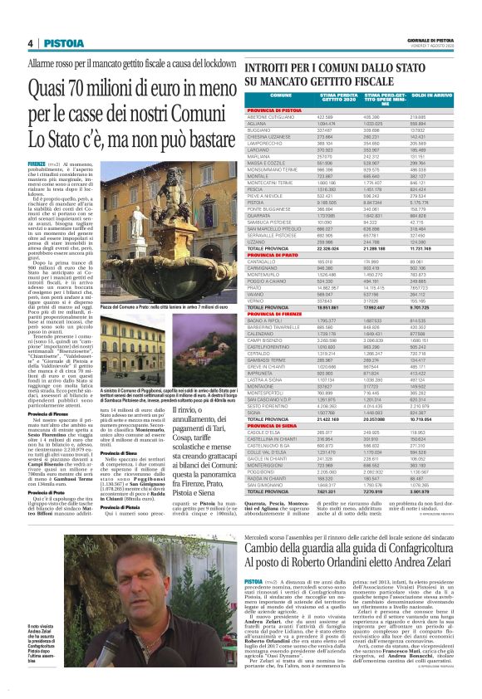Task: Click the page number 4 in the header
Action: [x=30, y=43]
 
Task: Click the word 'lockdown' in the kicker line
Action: [x=214, y=63]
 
